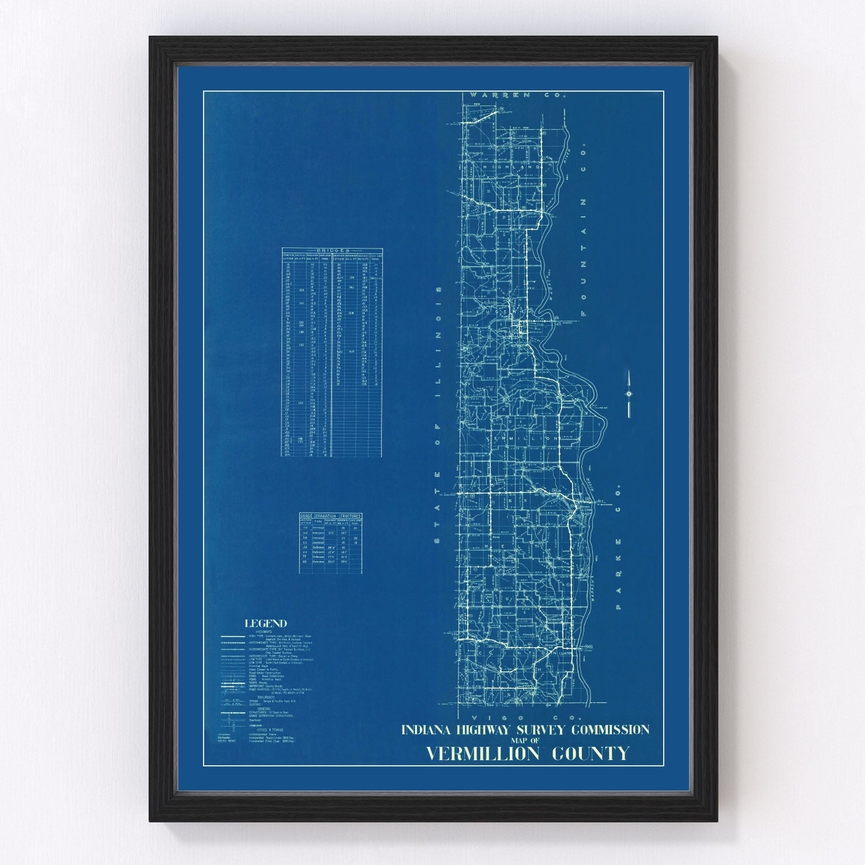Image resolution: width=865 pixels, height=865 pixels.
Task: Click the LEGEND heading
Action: pyautogui.click(x=265, y=623)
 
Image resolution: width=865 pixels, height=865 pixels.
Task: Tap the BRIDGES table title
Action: pyautogui.click(x=332, y=251)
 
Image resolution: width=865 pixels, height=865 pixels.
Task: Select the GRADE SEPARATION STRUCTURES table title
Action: pyautogui.click(x=330, y=516)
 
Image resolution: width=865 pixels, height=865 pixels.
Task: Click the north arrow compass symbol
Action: pyautogui.click(x=629, y=393)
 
